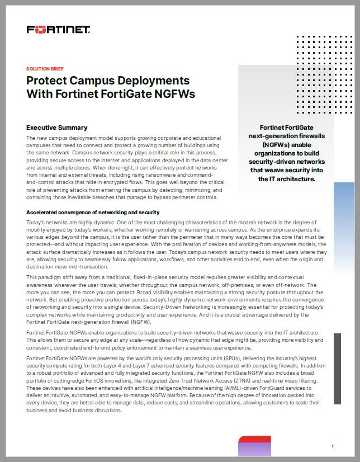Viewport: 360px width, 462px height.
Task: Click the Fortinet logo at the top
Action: pyautogui.click(x=59, y=29)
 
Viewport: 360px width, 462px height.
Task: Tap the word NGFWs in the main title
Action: pyautogui.click(x=176, y=94)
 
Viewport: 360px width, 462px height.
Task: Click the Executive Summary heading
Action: pyautogui.click(x=57, y=128)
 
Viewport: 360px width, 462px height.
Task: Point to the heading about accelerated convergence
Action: pyautogui.click(x=93, y=213)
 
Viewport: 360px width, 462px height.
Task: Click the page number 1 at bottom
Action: pyautogui.click(x=333, y=446)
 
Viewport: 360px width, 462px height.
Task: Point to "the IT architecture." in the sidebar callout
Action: pyautogui.click(x=287, y=179)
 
